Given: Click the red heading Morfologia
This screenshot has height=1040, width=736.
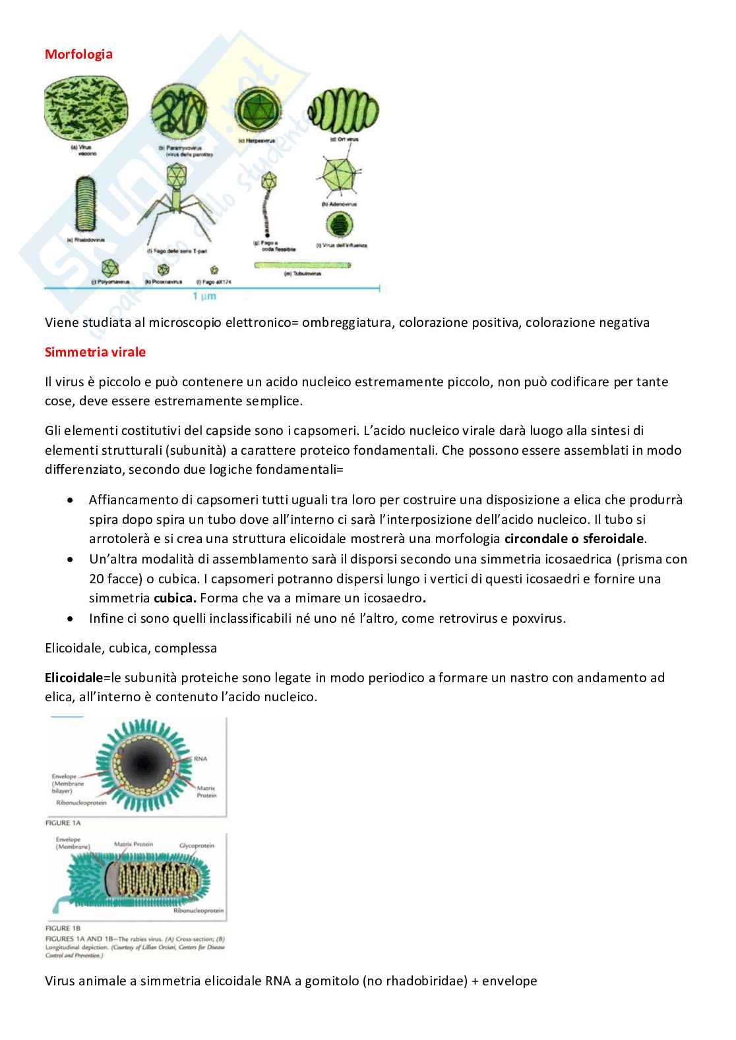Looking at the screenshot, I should tap(78, 54).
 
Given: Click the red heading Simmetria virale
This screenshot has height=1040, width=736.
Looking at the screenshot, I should tap(95, 352).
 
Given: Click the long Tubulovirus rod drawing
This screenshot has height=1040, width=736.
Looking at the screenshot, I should tap(303, 265).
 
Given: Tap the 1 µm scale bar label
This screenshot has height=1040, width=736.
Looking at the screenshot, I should tap(204, 297).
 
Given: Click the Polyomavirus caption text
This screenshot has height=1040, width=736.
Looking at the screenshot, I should tap(108, 282).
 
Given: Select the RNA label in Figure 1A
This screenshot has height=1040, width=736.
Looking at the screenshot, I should tap(201, 759).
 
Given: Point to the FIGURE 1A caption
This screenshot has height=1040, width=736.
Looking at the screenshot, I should tap(63, 823).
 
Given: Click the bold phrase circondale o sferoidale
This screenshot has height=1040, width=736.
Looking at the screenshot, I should tap(574, 538).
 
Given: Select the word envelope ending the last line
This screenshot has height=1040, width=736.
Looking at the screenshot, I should tap(509, 981).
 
